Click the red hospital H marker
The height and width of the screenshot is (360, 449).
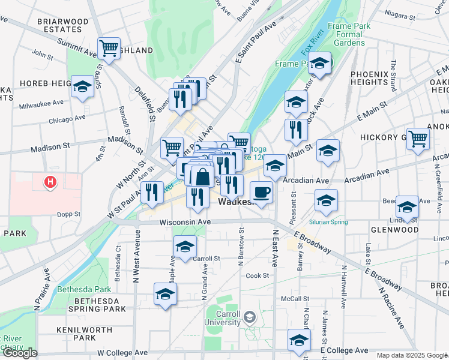point(50,181)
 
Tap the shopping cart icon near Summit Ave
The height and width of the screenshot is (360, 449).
point(109,48)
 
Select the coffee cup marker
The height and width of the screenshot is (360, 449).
point(261,192)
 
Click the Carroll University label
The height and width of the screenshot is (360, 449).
point(221,319)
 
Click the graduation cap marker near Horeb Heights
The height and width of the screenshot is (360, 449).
point(82,86)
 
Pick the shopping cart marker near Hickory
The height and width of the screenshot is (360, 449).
point(418,138)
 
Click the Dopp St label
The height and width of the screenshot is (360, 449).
point(69,214)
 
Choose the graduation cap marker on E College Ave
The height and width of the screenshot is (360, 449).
point(299,340)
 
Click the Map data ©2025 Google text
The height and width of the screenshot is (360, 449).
point(412,355)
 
